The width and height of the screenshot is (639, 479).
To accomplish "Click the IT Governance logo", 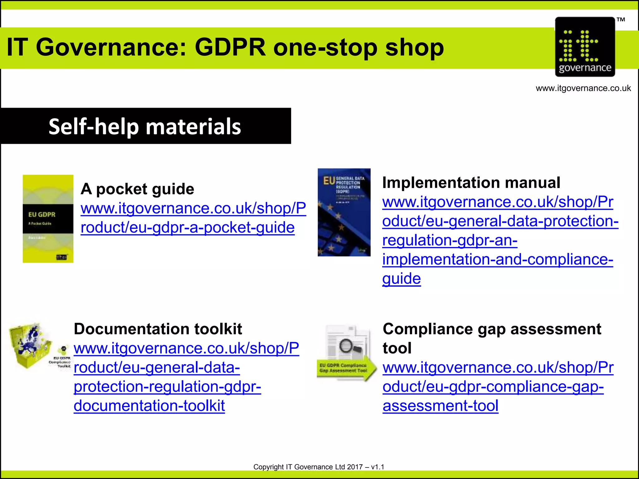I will click(585, 47).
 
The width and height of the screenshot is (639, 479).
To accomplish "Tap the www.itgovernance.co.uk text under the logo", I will click(583, 88).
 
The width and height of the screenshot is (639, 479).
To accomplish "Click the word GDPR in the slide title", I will click(230, 47).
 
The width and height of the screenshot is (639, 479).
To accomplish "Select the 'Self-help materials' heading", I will click(145, 126).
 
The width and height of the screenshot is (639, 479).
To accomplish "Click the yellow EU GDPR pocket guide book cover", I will click(48, 219).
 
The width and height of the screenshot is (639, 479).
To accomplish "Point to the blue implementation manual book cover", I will click(344, 212).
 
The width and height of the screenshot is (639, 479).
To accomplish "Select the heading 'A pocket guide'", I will click(137, 189).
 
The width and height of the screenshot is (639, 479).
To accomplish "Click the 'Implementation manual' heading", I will click(471, 182).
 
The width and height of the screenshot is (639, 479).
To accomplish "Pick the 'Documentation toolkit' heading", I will click(158, 329).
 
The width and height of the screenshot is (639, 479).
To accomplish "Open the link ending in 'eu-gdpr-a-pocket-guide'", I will click(188, 227).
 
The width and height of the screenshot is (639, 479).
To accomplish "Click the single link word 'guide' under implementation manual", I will click(402, 278).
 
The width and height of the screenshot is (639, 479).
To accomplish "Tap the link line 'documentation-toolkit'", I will click(149, 406).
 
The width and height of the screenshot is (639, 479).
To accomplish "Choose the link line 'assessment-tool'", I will click(440, 406).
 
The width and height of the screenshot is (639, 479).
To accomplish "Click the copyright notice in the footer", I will click(319, 467).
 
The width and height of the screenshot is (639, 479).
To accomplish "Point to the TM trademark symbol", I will click(621, 20).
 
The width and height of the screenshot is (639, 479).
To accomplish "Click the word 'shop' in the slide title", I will click(414, 47).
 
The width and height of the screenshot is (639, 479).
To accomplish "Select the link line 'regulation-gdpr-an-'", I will click(450, 240).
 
